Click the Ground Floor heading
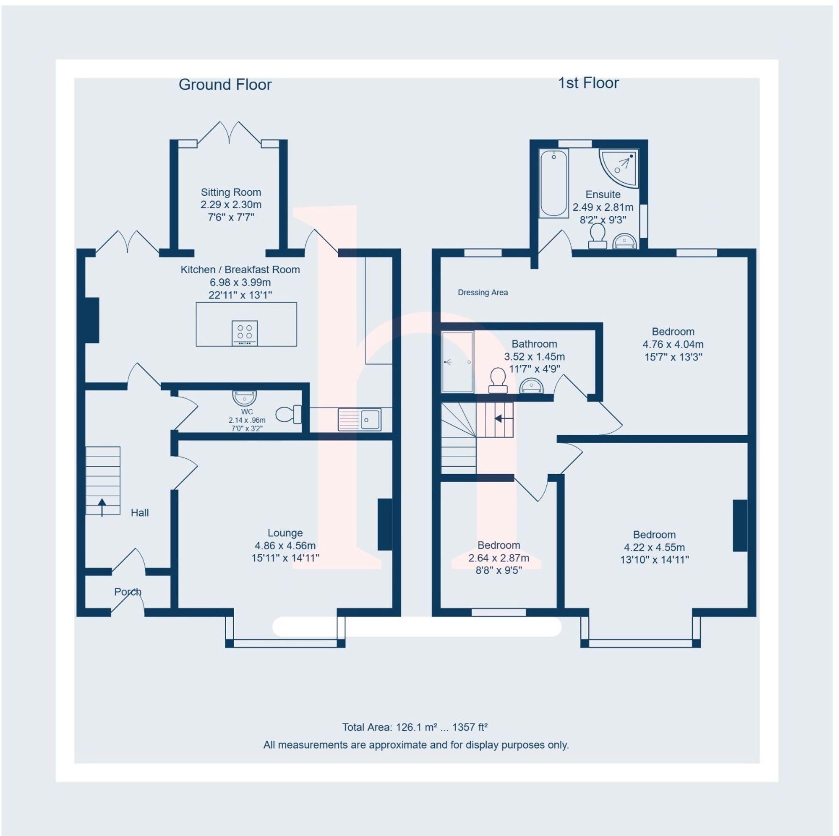[x=225, y=85]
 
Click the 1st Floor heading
[x=588, y=83]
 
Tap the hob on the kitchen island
[x=244, y=333]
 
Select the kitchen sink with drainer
[x=359, y=420]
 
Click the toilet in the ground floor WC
[x=288, y=414]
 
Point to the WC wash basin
[x=244, y=398]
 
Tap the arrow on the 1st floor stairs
[x=503, y=418]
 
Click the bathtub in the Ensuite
[x=554, y=183]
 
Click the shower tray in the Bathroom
[x=457, y=362]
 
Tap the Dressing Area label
[x=483, y=293]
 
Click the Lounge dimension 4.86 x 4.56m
[x=285, y=545]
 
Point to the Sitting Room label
[x=230, y=192]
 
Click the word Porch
[x=128, y=592]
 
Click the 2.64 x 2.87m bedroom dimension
[x=499, y=558]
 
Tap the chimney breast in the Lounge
[x=385, y=525]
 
